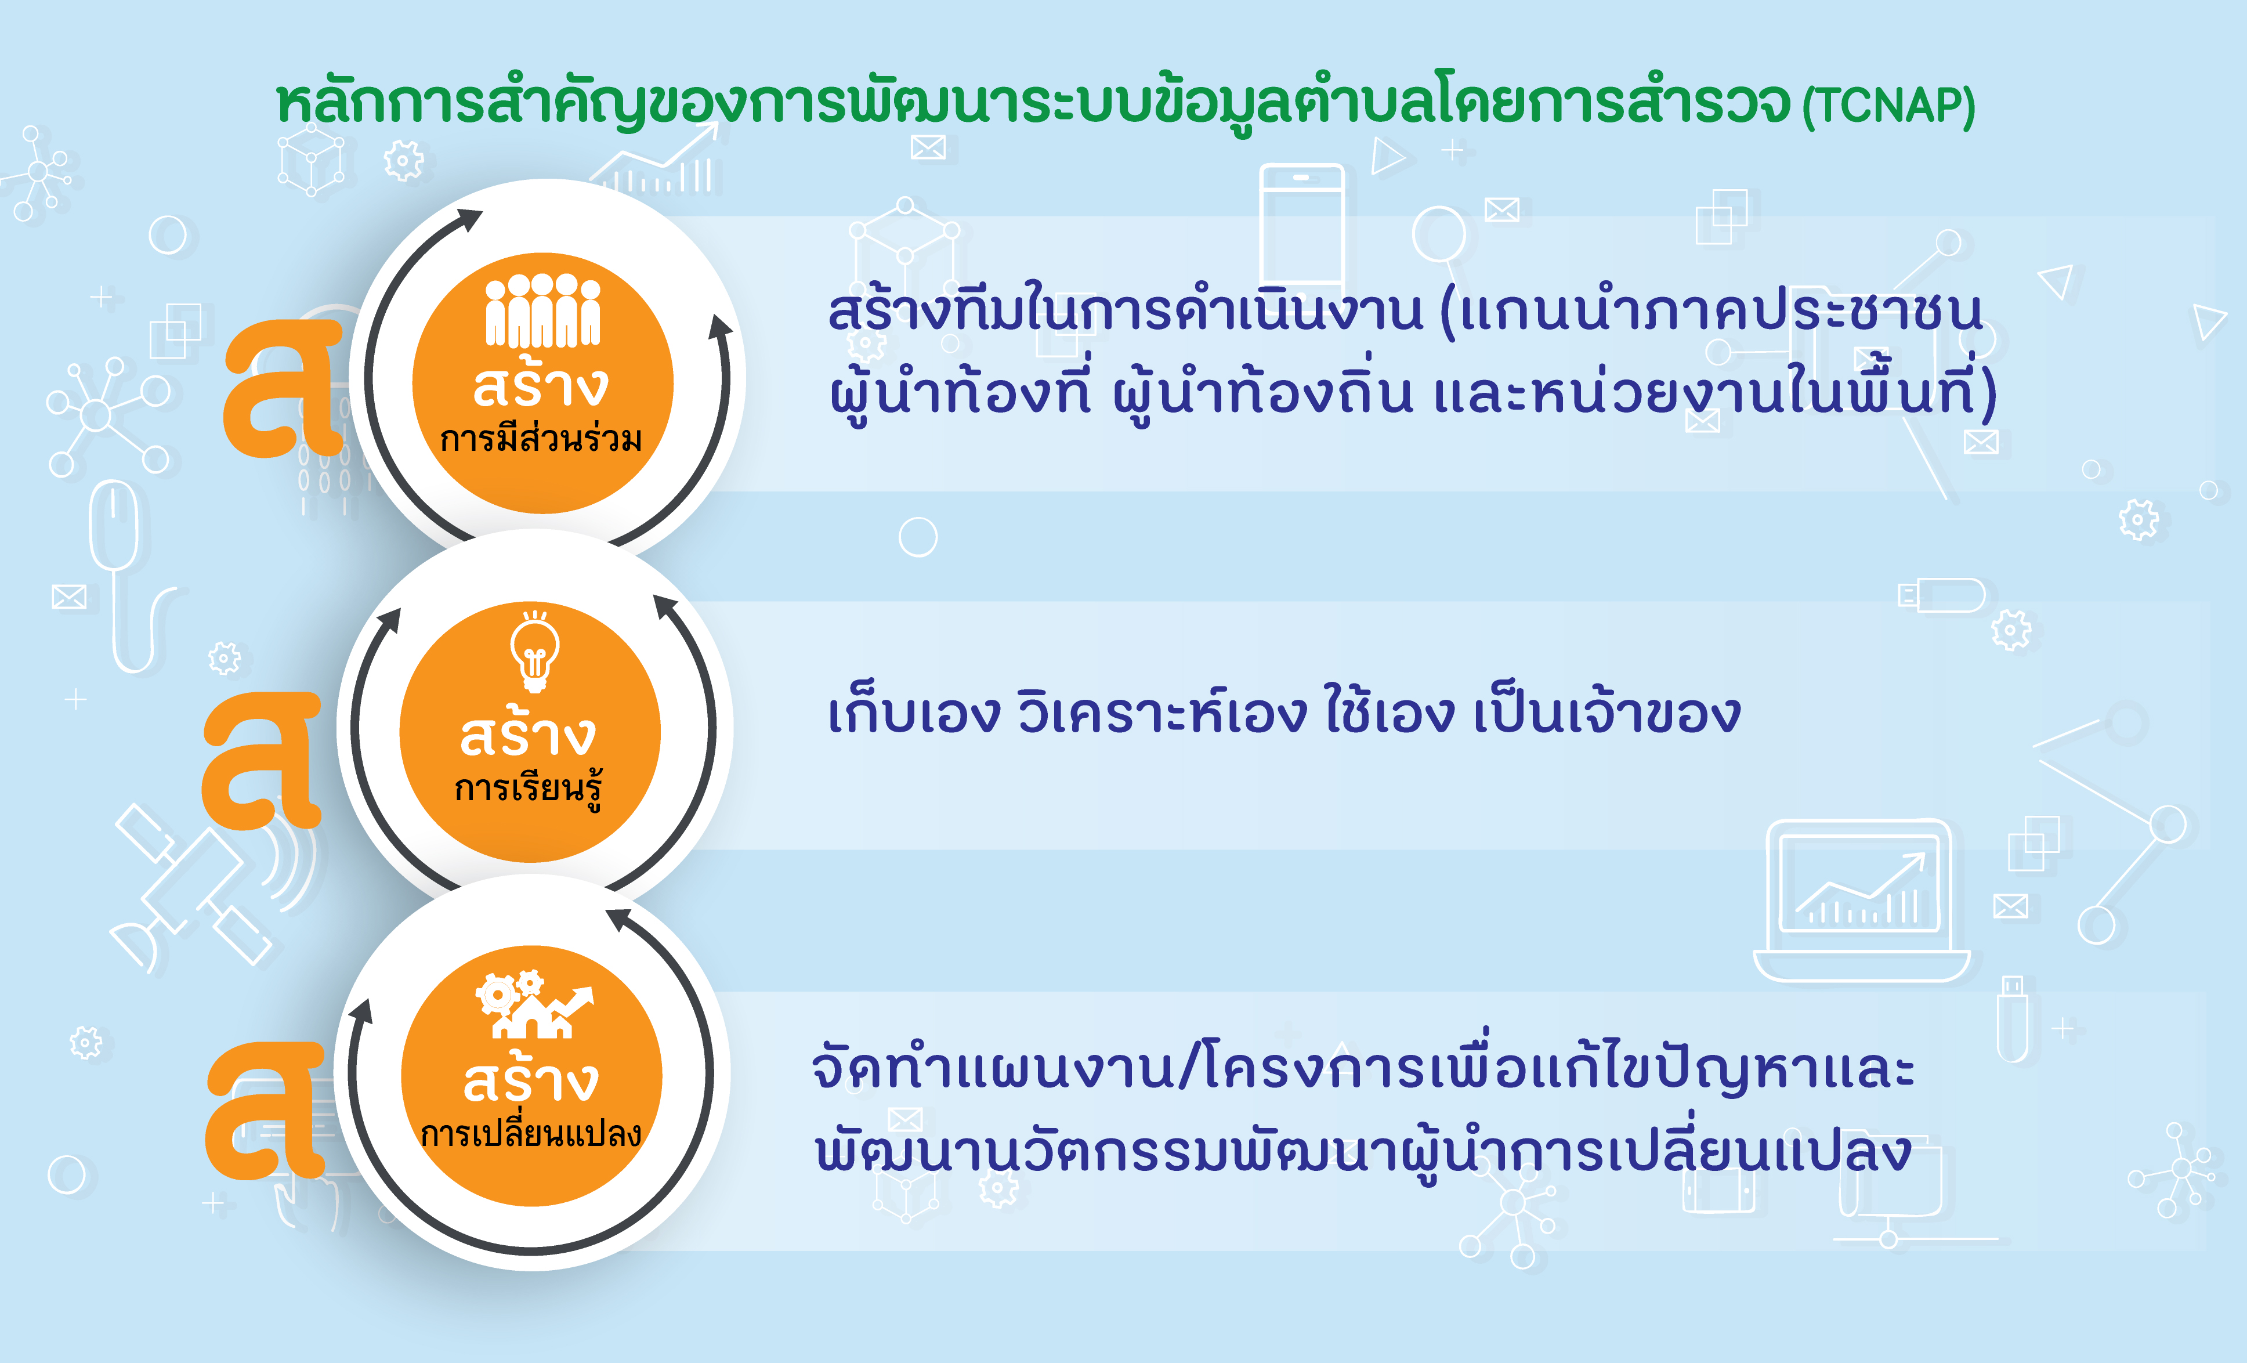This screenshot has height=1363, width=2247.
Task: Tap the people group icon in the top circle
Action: (542, 310)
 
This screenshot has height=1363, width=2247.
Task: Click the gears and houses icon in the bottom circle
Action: (534, 1004)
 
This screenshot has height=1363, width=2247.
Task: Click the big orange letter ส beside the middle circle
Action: (262, 759)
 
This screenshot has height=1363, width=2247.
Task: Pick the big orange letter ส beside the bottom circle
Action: (265, 1109)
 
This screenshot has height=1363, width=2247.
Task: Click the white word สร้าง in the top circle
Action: (541, 383)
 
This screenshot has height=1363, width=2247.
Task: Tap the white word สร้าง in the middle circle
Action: (528, 733)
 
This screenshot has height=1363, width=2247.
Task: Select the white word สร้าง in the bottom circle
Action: (531, 1078)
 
